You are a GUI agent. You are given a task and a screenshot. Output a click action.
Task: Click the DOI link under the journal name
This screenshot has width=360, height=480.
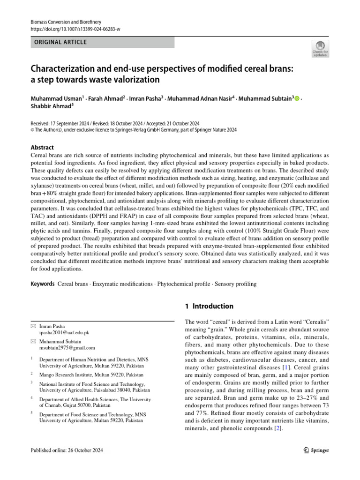click(75, 29)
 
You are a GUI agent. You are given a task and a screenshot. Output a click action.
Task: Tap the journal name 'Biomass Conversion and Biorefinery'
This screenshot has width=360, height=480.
click(66, 22)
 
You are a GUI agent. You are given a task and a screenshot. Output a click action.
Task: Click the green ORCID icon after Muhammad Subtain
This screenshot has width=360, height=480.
click(297, 98)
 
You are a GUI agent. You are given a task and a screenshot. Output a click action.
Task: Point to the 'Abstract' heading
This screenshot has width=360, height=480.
click(42, 147)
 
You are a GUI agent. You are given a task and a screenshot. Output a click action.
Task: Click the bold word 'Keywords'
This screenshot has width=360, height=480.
click(43, 284)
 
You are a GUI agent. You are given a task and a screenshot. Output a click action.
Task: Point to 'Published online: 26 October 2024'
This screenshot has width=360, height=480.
click(66, 450)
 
